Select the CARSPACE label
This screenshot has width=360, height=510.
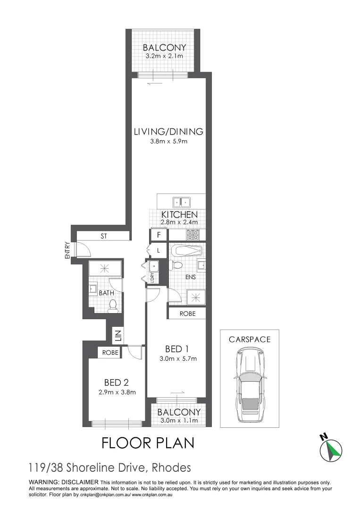tap(250, 339)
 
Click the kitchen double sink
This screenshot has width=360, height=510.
tap(181, 202)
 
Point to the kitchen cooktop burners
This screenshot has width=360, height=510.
tap(193, 235)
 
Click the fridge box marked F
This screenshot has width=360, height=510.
tap(159, 235)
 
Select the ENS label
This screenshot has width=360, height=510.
tap(190, 277)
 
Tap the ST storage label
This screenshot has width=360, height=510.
tap(103, 235)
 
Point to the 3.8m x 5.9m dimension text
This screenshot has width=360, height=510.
tap(168, 142)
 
